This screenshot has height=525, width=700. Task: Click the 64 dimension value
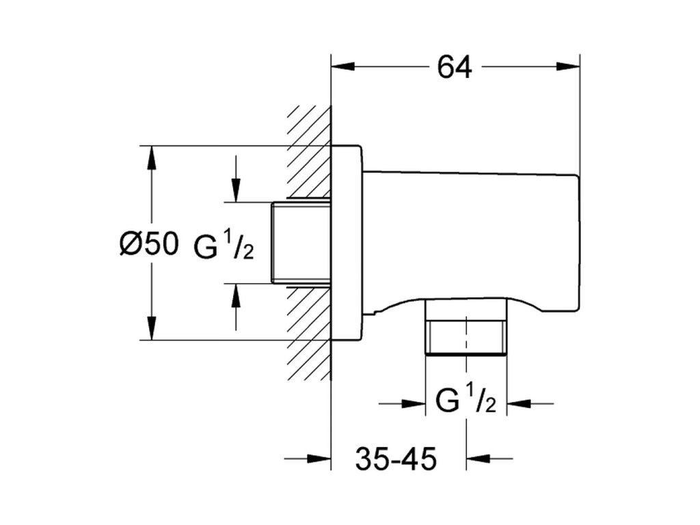coord(454,68)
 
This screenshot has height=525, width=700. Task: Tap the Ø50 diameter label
coord(149,244)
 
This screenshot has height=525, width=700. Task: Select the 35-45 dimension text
coord(396,459)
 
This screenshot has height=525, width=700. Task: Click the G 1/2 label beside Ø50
coord(224,246)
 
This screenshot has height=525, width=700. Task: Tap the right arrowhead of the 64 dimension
coord(568,66)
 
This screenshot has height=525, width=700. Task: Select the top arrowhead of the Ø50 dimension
coord(152,157)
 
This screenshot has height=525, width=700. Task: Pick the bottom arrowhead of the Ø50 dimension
coord(152,328)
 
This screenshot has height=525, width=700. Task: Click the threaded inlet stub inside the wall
coord(301,243)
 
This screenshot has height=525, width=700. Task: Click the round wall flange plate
coord(347,243)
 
